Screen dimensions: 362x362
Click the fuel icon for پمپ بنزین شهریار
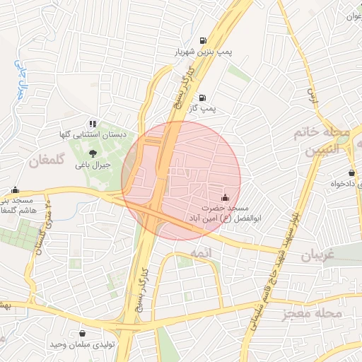204,40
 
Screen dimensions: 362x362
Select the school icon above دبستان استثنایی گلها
93,124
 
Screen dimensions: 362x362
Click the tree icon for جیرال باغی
93,151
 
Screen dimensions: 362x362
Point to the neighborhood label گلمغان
47,161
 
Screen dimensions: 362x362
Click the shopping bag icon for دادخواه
352,173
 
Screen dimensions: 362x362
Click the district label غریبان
317,255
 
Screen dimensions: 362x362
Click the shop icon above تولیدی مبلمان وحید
83,334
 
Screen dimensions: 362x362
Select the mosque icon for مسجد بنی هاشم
16,190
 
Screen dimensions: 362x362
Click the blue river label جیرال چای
21,78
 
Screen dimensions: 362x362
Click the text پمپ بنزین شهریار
203,52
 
